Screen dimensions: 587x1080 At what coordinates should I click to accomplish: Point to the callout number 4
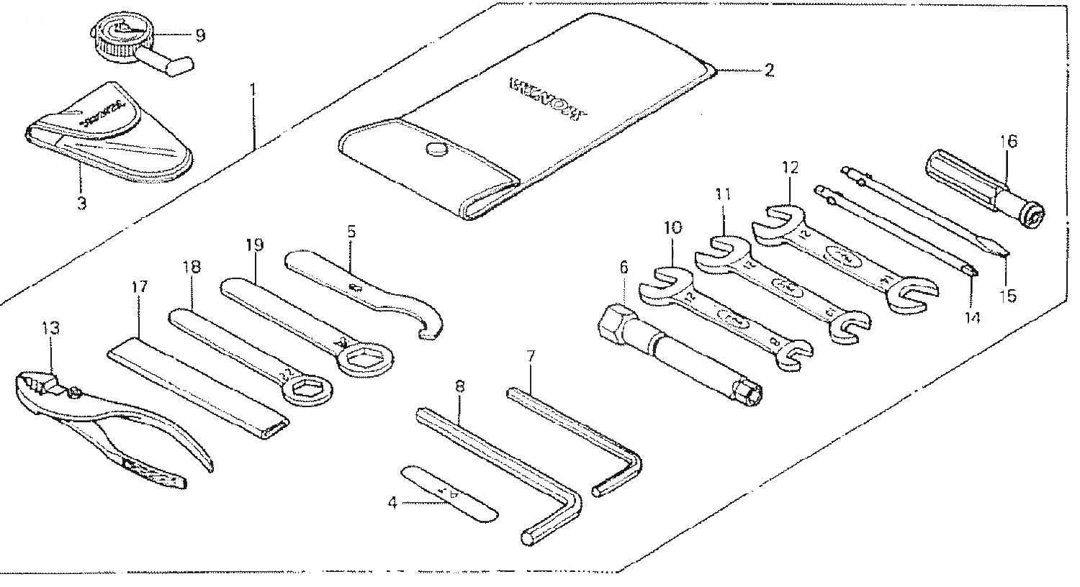(x=392, y=503)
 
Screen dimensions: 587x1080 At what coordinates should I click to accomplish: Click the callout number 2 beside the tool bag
(x=769, y=70)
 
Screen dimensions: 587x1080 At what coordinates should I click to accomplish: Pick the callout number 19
(x=254, y=245)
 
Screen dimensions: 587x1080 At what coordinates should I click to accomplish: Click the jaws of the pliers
(x=36, y=385)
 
